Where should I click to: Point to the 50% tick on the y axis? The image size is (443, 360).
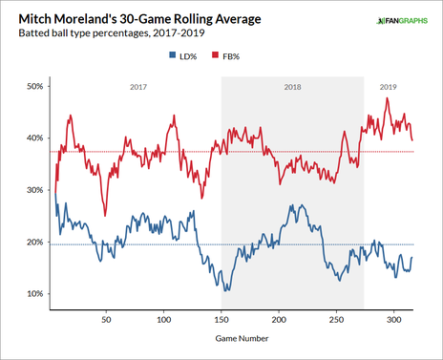tap(34, 87)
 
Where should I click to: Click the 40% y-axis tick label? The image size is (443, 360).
tap(34, 138)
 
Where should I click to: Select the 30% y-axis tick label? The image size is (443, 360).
tap(34, 190)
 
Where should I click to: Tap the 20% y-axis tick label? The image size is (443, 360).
tap(34, 243)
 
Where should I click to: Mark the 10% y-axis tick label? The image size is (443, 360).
tap(34, 294)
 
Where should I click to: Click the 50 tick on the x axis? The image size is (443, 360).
tap(106, 321)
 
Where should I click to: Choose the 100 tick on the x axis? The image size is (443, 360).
tap(163, 321)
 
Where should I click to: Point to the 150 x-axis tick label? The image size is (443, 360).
tap(221, 321)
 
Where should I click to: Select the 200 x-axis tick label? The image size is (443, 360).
tap(279, 321)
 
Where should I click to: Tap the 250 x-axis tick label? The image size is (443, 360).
tap(336, 321)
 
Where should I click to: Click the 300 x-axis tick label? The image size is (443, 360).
tap(394, 321)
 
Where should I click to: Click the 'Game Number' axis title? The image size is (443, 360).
tap(241, 338)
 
